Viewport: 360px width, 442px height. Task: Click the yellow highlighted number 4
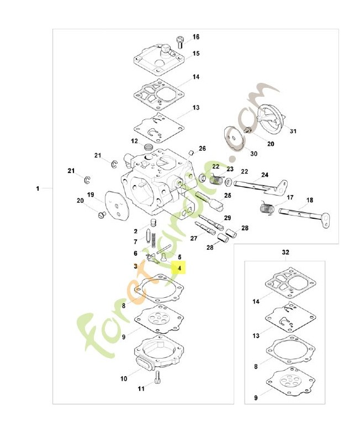(179, 268)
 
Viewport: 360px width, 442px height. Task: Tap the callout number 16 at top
(196, 37)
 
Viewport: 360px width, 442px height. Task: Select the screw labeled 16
(180, 43)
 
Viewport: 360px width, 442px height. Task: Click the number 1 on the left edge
(38, 188)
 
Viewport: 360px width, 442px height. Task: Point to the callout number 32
(285, 252)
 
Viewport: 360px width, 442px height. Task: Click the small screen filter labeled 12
(148, 147)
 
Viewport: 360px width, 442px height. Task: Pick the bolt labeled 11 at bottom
(157, 377)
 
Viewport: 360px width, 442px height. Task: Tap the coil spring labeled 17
(267, 208)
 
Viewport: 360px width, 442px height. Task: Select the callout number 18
(310, 200)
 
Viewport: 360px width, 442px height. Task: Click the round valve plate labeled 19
(117, 204)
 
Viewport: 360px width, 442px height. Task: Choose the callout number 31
(293, 131)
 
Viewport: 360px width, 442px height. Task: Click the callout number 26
(202, 149)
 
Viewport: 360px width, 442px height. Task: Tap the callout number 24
(265, 175)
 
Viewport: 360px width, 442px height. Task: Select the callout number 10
(124, 378)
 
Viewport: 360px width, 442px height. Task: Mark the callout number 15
(196, 54)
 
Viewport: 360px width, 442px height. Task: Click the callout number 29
(227, 218)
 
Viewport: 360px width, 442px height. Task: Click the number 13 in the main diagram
(196, 108)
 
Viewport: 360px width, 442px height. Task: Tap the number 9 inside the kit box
(256, 398)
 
